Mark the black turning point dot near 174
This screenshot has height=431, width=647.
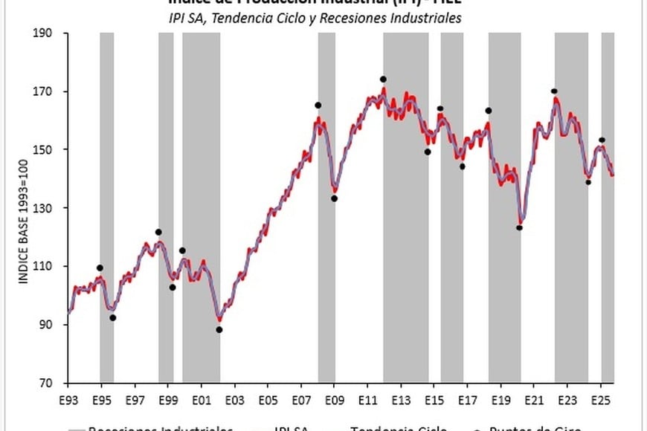[x=383, y=79]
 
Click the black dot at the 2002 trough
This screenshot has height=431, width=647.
[x=219, y=329]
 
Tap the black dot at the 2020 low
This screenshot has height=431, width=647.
[x=519, y=227]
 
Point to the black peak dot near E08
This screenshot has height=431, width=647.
[x=318, y=105]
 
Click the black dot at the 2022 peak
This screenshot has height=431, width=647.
[x=554, y=91]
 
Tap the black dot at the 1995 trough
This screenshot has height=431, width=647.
[x=113, y=317]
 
